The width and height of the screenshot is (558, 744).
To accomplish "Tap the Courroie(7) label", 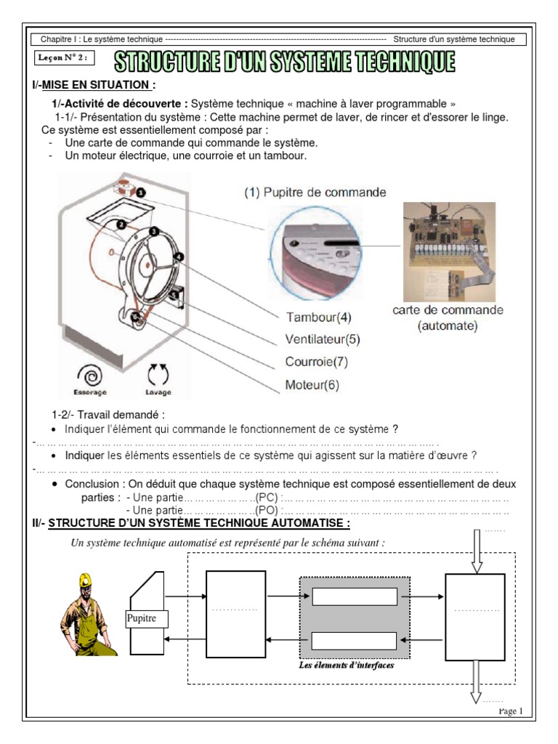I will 317,362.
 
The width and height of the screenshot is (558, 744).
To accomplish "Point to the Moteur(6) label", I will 312,384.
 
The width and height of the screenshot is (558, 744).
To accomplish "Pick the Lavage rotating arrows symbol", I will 158,375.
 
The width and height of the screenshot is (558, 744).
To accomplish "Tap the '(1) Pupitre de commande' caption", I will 315,193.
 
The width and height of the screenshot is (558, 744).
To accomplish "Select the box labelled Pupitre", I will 146,618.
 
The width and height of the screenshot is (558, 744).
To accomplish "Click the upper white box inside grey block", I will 355,597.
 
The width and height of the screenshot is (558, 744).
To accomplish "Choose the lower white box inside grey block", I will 355,640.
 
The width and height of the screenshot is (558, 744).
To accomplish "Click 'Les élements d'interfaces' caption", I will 347,665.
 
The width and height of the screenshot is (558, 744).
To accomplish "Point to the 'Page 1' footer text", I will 510,711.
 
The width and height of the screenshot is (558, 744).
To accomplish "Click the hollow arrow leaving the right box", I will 476,683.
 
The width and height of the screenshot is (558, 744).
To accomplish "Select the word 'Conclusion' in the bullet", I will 92,485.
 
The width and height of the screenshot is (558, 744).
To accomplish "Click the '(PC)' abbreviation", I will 267,498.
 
